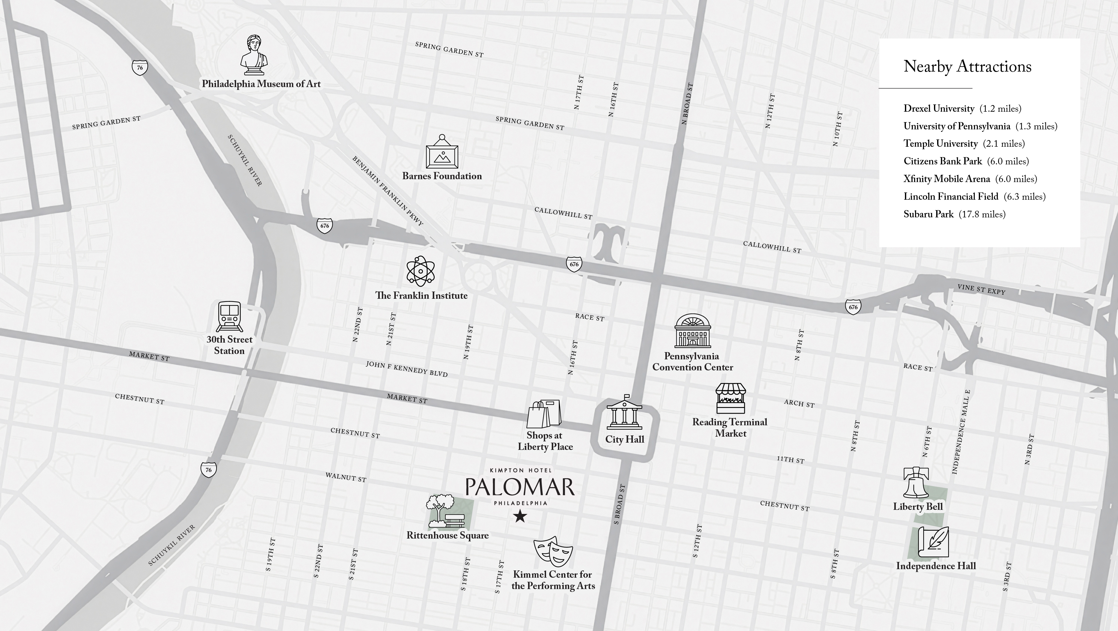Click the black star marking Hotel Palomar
click(520, 516)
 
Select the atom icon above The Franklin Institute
click(420, 271)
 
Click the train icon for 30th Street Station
click(229, 316)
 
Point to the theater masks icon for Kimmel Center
click(552, 551)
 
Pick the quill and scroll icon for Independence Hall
click(933, 542)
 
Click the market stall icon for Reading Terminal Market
click(730, 398)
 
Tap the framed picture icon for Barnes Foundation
click(442, 152)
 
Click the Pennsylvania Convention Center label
click(692, 362)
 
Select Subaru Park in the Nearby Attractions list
click(954, 214)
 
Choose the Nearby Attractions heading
click(967, 66)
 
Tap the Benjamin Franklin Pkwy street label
click(387, 191)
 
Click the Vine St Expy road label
click(981, 290)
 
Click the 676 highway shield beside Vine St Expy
click(853, 307)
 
